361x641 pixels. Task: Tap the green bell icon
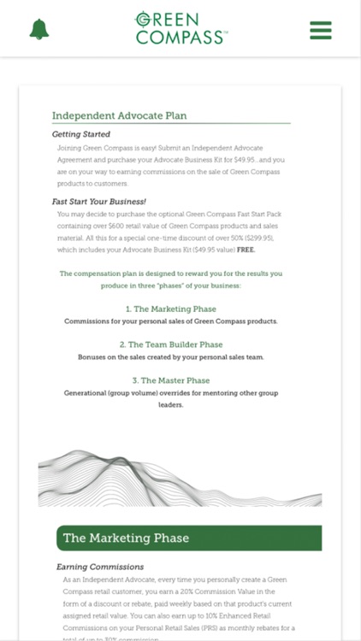click(38, 29)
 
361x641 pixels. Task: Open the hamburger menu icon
click(321, 29)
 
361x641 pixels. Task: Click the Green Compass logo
click(180, 28)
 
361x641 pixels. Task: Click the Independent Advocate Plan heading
click(119, 115)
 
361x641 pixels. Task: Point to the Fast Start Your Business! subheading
click(98, 202)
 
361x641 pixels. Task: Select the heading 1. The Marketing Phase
click(171, 309)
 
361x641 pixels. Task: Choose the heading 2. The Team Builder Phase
click(171, 344)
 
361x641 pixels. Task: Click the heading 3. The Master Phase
click(171, 380)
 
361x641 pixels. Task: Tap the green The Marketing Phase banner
click(188, 538)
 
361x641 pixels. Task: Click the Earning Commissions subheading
click(99, 567)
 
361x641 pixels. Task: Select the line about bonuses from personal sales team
click(171, 357)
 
